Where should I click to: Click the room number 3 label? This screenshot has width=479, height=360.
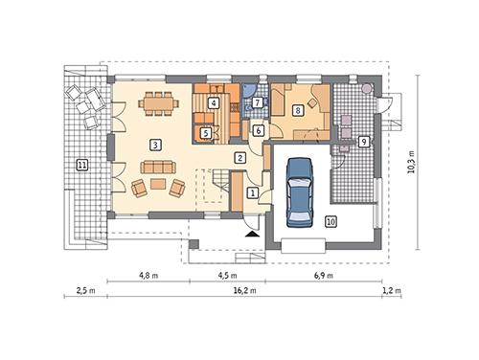click(154, 144)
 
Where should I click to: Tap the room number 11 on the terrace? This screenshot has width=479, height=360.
click(81, 166)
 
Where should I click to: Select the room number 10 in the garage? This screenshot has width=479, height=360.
click(331, 222)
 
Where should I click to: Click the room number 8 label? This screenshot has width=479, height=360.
click(214, 102)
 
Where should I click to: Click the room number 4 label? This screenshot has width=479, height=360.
click(298, 111)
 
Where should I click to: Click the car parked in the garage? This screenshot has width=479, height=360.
click(300, 190)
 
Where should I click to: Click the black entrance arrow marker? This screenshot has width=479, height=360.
click(251, 233)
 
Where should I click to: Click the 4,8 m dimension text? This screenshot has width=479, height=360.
click(148, 275)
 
